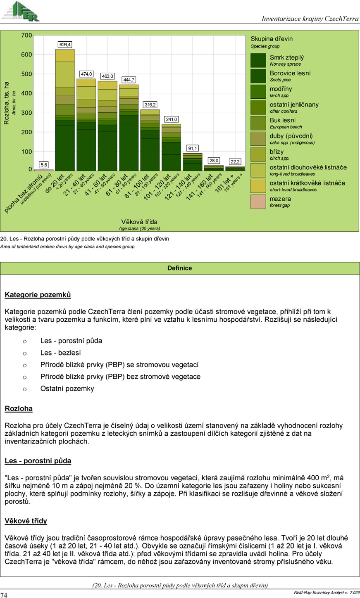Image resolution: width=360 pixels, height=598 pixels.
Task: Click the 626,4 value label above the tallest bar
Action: (65, 45)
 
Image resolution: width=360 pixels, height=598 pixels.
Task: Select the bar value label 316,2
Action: (150, 105)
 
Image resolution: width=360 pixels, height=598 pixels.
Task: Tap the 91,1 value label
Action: (193, 148)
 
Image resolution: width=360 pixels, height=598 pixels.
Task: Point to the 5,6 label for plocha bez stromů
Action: (44, 165)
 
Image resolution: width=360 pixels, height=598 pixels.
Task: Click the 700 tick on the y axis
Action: (26, 36)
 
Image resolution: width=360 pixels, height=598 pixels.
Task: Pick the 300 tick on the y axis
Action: (26, 113)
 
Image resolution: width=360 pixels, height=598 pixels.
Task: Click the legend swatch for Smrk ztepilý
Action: (258, 60)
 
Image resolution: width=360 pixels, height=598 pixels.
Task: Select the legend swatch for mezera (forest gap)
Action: (258, 202)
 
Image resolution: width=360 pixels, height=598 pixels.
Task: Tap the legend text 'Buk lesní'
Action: (283, 120)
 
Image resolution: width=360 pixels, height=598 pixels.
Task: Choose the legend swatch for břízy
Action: (258, 154)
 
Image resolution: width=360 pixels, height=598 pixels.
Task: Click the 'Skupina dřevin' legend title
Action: (272, 39)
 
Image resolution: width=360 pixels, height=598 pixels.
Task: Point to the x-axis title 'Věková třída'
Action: (139, 222)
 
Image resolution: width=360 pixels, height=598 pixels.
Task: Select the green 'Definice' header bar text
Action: (180, 268)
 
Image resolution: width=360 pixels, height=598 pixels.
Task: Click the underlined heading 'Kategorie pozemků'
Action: (38, 295)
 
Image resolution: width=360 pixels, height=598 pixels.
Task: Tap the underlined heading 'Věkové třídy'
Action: (26, 521)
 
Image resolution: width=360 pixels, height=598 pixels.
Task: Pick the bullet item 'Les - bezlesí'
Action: (60, 353)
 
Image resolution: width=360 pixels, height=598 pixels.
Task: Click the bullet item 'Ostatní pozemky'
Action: (67, 389)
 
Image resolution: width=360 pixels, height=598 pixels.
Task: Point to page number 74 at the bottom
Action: (4, 595)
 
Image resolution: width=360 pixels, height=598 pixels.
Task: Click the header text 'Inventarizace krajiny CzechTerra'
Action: (310, 19)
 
